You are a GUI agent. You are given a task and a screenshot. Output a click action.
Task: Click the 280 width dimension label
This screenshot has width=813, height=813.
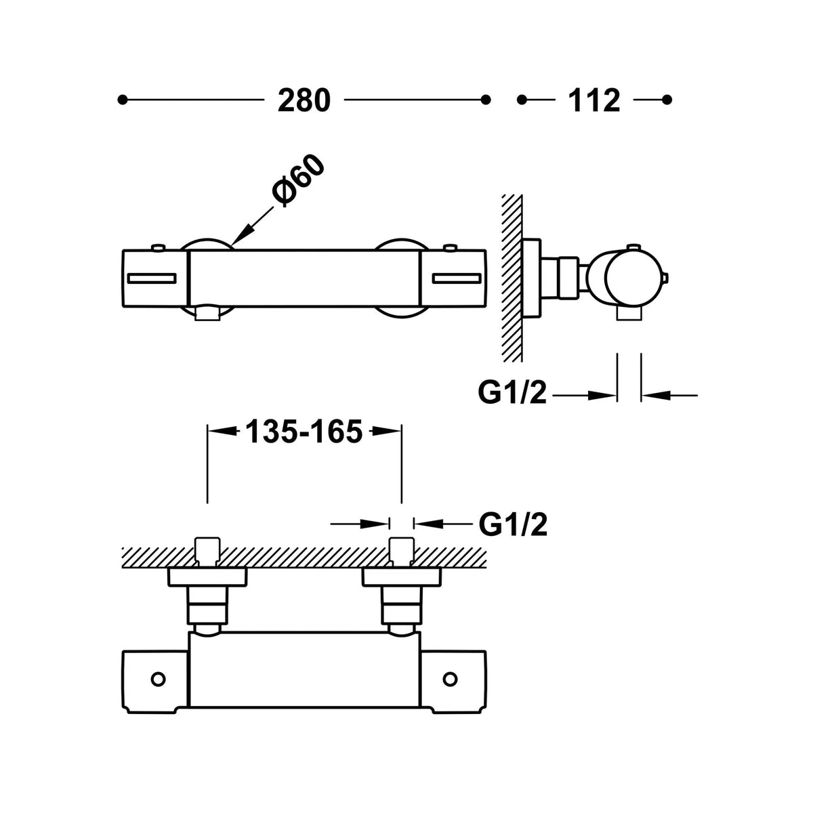[304, 101]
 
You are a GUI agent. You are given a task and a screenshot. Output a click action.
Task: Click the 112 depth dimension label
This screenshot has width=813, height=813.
[594, 101]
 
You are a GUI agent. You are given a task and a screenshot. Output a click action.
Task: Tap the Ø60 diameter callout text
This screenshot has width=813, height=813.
[299, 182]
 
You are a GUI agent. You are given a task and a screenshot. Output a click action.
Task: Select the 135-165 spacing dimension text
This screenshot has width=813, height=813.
[304, 432]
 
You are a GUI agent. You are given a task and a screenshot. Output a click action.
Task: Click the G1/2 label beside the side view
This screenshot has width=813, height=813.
[512, 393]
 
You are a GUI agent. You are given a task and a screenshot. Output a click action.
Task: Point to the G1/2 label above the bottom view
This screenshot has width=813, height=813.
[513, 524]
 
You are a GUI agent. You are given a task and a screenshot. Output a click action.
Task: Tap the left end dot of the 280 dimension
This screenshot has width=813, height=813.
[123, 100]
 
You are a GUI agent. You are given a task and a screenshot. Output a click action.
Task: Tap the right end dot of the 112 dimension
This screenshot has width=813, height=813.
[667, 100]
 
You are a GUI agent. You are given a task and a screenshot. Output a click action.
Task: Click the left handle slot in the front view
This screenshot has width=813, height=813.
[152, 278]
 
